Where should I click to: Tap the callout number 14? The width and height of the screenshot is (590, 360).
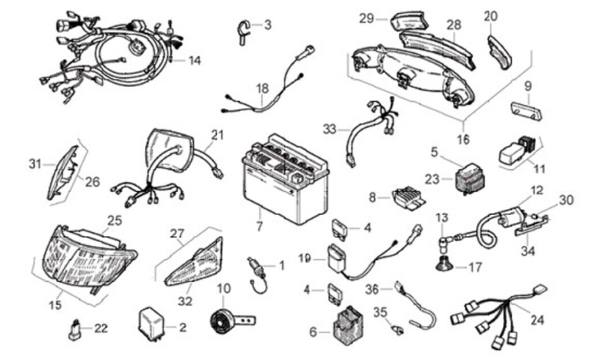194,61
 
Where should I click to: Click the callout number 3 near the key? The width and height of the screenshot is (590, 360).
267,25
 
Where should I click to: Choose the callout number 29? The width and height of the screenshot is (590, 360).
366,17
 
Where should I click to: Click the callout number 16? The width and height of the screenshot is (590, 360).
463,139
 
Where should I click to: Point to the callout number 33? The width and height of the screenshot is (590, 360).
329,129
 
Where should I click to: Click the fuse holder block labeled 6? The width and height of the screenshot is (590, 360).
344,322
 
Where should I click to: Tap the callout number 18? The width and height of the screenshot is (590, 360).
261,88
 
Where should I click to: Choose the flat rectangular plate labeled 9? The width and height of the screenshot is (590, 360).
523,111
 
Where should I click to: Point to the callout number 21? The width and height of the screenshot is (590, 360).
216,135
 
